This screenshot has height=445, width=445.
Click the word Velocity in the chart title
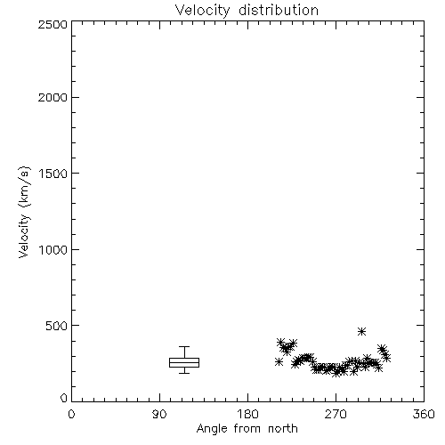pyautogui.click(x=203, y=11)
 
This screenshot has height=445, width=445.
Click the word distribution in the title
pyautogui.click(x=279, y=10)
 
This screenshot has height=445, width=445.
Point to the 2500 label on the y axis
pyautogui.click(x=53, y=24)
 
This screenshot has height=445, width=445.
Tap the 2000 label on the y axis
pyautogui.click(x=53, y=98)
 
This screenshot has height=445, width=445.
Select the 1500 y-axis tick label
pyautogui.click(x=53, y=174)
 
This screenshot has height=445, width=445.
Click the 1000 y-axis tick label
pyautogui.click(x=53, y=250)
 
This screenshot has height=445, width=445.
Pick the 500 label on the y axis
pyautogui.click(x=56, y=326)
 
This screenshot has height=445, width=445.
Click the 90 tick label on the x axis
pyautogui.click(x=159, y=414)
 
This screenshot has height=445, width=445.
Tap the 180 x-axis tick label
pyautogui.click(x=247, y=414)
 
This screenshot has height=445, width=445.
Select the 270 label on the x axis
pyautogui.click(x=336, y=414)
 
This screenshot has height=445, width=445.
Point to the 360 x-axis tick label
pyautogui.click(x=424, y=414)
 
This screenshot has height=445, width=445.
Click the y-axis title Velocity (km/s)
pyautogui.click(x=24, y=212)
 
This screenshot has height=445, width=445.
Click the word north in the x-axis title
pyautogui.click(x=283, y=429)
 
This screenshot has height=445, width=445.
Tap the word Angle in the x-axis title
pyautogui.click(x=212, y=429)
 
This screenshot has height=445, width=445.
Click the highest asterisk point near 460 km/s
pyautogui.click(x=361, y=331)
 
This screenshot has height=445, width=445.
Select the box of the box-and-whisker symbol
pyautogui.click(x=184, y=362)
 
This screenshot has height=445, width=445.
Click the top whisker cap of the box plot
pyautogui.click(x=184, y=346)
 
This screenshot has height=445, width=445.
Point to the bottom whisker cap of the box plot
pyautogui.click(x=184, y=373)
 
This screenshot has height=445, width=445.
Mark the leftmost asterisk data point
pyautogui.click(x=279, y=362)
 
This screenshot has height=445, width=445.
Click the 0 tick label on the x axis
pyautogui.click(x=71, y=414)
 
